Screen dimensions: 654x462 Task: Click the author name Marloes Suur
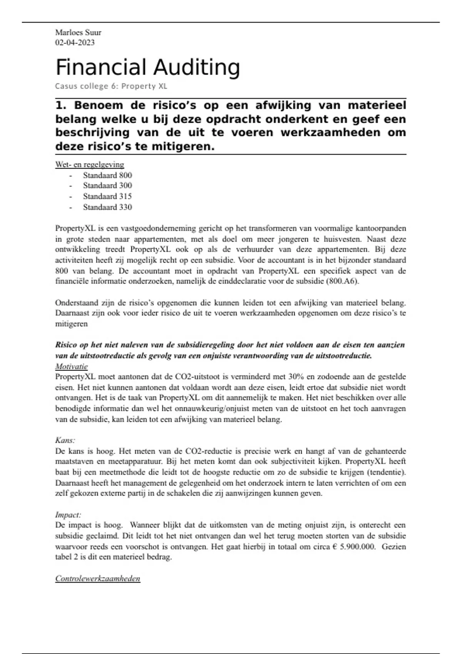78,32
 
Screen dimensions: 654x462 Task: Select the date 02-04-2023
75,42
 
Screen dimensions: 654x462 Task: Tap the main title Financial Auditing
148,67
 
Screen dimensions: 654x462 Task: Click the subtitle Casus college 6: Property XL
111,86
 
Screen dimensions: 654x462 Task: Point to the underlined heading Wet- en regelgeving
90,165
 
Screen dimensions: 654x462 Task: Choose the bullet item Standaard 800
107,175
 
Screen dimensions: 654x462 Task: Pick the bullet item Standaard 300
107,185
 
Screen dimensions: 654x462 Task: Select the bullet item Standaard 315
107,196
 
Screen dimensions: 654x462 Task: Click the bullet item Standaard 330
107,207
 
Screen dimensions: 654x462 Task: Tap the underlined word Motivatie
71,366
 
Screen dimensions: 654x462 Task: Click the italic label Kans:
65,440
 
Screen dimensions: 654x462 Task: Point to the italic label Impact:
68,515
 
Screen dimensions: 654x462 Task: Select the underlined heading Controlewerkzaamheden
98,579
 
